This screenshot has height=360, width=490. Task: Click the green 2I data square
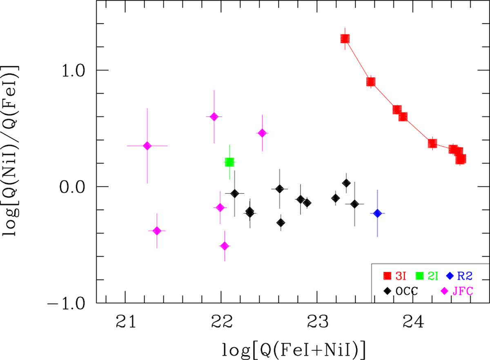(x=229, y=162)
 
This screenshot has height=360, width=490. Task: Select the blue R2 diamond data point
(x=377, y=213)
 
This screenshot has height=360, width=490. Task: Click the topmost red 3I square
(x=345, y=39)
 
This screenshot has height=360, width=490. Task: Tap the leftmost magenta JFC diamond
(x=147, y=146)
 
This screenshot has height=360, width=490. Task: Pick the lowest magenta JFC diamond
(x=224, y=246)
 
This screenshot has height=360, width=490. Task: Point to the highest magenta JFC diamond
(x=214, y=117)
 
